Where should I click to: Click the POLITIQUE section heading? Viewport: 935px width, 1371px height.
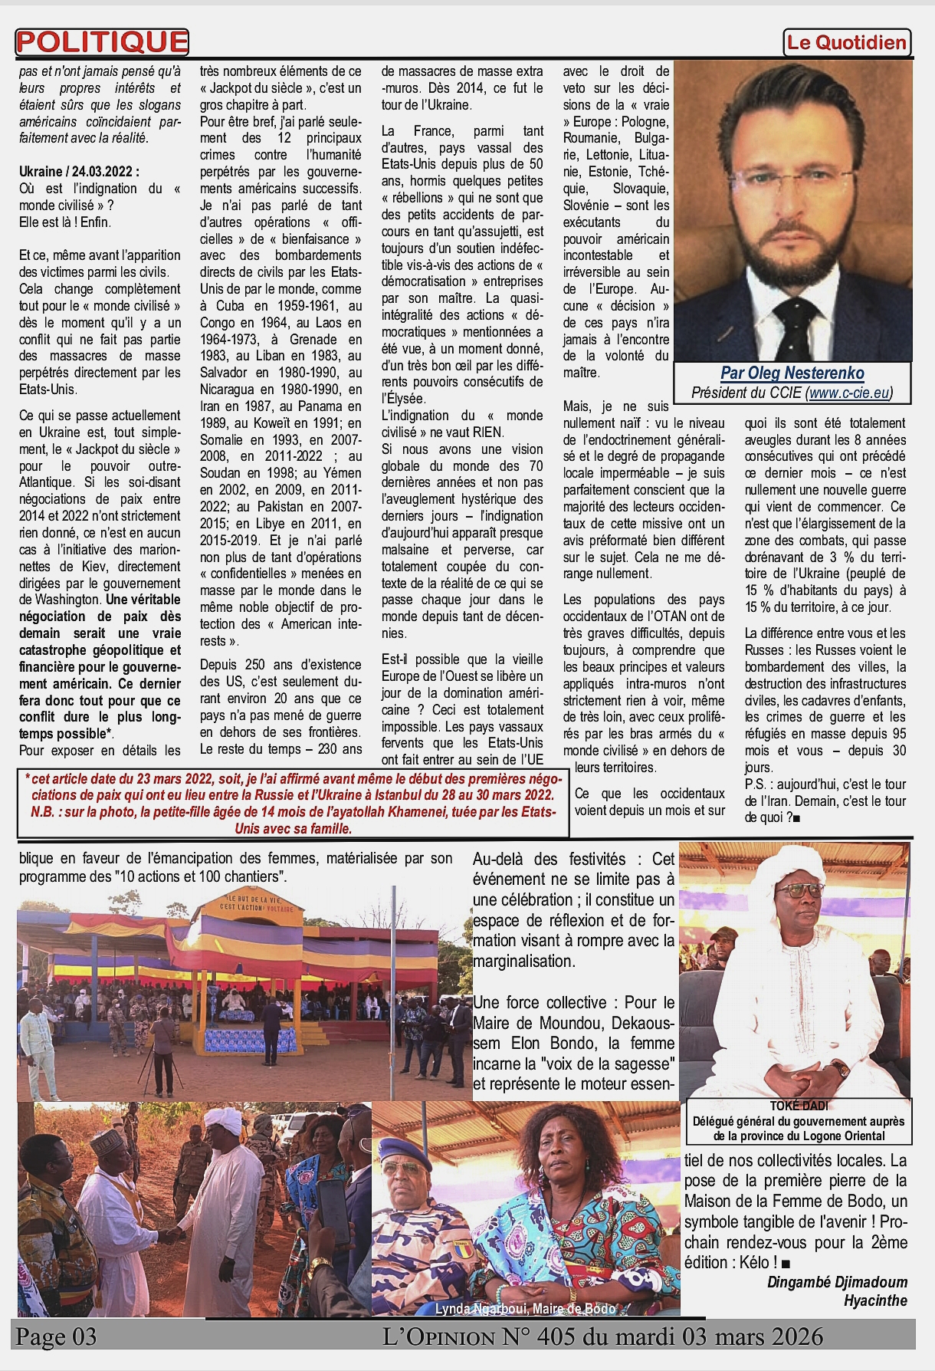[102, 43]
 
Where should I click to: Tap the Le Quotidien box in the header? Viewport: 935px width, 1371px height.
[847, 43]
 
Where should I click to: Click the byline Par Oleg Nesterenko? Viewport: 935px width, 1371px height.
[792, 373]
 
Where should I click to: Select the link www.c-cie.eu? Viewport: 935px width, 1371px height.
[849, 393]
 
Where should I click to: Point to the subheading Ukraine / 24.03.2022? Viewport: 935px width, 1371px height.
[80, 172]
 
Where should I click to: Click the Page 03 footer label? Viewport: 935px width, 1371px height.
[57, 1336]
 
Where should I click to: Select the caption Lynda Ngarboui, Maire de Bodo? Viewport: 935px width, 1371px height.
[525, 1309]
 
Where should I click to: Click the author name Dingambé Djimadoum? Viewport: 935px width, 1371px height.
[837, 1282]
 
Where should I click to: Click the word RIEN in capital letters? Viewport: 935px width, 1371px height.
[487, 432]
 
